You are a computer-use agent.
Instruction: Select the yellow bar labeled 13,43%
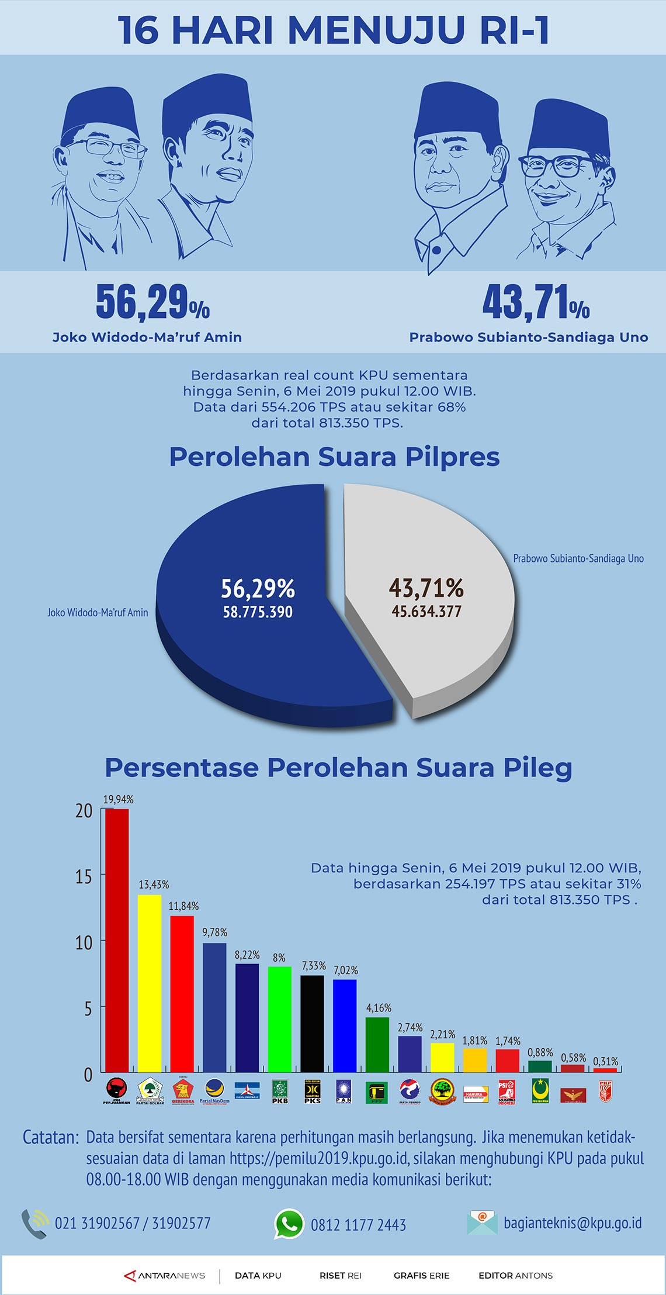tap(150, 983)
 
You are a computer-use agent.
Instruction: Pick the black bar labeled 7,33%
tap(312, 1023)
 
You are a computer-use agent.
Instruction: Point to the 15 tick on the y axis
tap(84, 876)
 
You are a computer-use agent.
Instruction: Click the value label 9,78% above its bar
tap(214, 932)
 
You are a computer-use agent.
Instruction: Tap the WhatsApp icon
tap(289, 1224)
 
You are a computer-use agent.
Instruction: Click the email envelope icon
tap(482, 1223)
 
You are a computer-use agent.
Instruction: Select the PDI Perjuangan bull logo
tap(117, 1090)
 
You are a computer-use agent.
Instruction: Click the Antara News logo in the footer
tap(165, 1275)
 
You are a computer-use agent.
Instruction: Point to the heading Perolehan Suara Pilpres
tap(334, 457)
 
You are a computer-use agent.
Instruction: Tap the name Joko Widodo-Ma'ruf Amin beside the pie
tap(98, 613)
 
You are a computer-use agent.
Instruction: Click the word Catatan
tap(50, 1137)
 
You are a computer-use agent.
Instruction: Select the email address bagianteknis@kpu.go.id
tap(573, 1223)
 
